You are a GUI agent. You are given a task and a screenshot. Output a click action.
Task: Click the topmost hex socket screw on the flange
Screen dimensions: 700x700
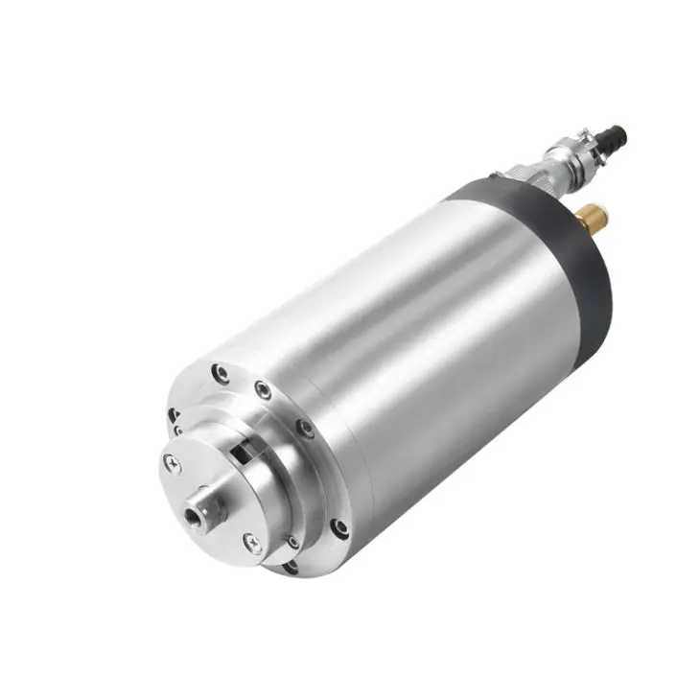click(x=221, y=373)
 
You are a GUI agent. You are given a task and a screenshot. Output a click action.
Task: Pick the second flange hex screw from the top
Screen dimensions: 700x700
click(x=262, y=388)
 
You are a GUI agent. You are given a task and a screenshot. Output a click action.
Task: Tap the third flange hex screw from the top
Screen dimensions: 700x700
click(x=304, y=428)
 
